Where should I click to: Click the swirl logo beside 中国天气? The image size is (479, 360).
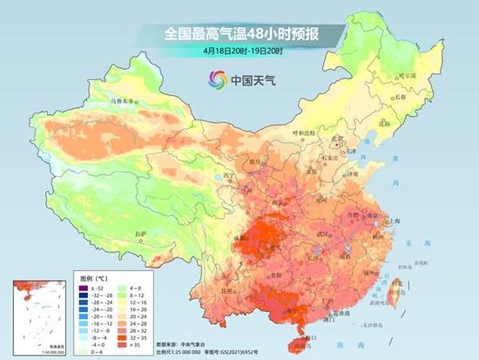[x=214, y=79]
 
